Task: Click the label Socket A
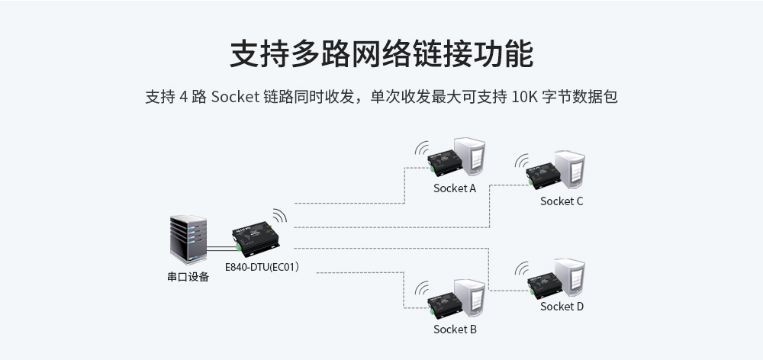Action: [x=454, y=188]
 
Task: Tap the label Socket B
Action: [x=454, y=329]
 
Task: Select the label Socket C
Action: [x=562, y=201]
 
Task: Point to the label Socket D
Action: [x=562, y=307]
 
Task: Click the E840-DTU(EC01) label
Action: [x=262, y=267]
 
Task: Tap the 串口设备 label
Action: [x=188, y=277]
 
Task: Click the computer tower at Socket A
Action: [x=469, y=156]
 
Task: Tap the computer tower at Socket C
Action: [x=570, y=169]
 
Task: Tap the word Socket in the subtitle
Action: [x=234, y=98]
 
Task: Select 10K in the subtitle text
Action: [x=525, y=98]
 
